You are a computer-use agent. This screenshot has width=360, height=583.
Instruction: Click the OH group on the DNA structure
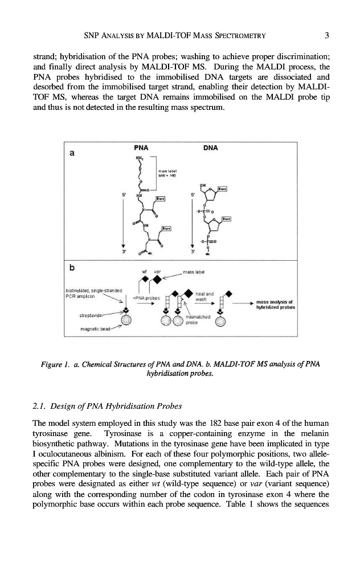click(202, 185)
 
